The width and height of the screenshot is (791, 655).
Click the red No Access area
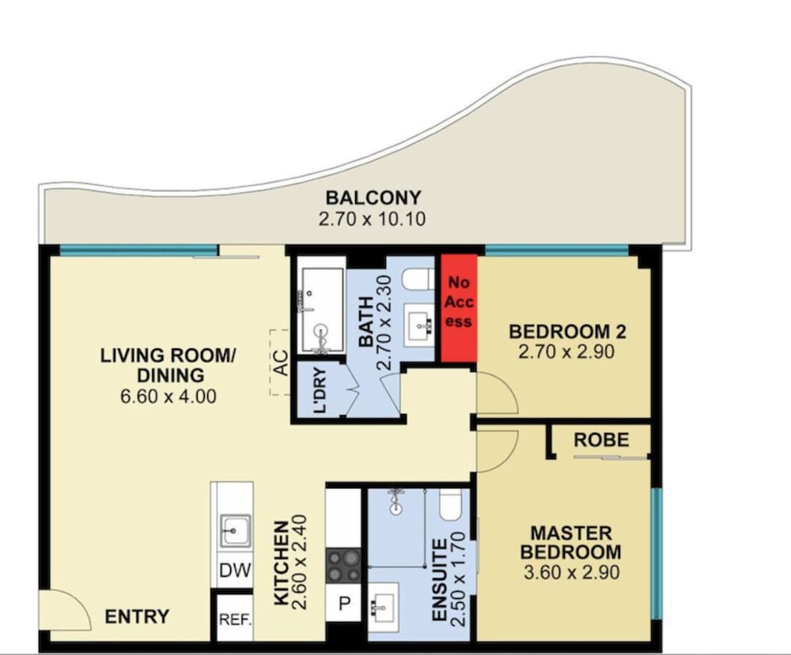(x=459, y=308)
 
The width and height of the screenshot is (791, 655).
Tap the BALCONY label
(x=373, y=198)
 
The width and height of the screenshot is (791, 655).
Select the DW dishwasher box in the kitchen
(x=235, y=570)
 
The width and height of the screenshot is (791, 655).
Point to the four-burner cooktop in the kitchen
(x=343, y=566)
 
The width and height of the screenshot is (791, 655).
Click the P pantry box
(x=343, y=603)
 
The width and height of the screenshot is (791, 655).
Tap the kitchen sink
(x=235, y=530)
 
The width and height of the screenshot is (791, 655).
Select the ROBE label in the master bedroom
(x=601, y=440)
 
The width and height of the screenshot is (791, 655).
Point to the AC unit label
(x=282, y=363)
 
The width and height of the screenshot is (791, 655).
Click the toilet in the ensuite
(x=449, y=505)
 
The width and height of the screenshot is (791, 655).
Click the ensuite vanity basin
(x=384, y=604)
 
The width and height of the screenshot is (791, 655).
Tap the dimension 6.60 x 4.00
(x=168, y=396)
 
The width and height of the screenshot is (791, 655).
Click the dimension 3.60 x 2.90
(x=571, y=572)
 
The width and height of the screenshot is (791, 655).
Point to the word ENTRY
(x=137, y=617)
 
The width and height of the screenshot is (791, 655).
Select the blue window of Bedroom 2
(x=557, y=249)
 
